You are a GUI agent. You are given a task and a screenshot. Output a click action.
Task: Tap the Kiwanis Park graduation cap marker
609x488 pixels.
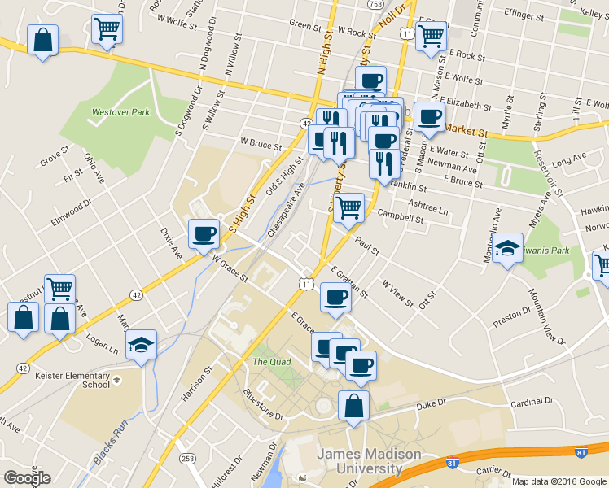509,248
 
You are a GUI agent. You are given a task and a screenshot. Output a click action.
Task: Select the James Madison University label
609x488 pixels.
358,461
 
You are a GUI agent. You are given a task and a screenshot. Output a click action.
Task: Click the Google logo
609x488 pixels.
27,478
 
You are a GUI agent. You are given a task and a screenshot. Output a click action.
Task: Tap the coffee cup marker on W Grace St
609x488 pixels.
204,233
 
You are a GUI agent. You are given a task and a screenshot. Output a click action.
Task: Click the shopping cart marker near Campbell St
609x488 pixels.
348,207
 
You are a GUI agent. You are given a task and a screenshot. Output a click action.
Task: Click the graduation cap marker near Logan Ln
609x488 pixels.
142,344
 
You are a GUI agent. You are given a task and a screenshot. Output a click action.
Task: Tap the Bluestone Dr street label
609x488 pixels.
263,405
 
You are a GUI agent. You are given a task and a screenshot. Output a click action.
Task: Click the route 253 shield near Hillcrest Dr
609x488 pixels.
188,459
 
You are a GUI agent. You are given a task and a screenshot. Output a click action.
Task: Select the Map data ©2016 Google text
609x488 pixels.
559,481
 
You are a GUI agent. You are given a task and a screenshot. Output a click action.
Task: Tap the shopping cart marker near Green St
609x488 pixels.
107,28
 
